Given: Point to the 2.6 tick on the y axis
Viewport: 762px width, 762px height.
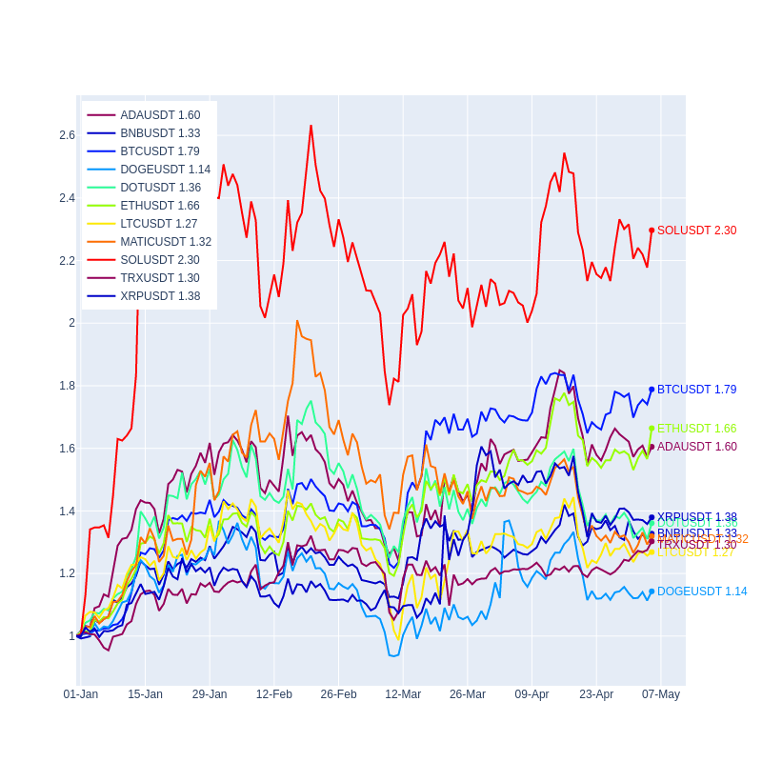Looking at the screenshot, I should tap(67, 135).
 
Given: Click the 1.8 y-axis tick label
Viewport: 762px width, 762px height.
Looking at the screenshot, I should tap(67, 386).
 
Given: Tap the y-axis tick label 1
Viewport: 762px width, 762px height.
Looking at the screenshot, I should tap(71, 636).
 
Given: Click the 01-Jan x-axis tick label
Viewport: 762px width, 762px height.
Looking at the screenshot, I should tap(81, 694).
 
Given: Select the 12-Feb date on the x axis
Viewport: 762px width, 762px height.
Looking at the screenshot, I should tap(274, 694).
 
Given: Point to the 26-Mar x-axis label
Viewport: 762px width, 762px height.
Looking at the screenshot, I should tap(468, 694).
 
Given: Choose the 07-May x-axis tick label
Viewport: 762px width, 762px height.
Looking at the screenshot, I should tap(661, 694).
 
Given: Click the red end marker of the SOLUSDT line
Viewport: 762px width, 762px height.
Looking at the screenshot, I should tap(652, 231).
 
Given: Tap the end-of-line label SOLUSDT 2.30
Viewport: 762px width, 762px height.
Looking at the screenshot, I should tap(696, 231).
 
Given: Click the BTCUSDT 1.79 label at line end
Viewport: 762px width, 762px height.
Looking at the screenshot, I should tap(696, 390).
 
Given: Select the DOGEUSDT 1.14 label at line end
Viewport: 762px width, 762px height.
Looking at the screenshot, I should tap(701, 592).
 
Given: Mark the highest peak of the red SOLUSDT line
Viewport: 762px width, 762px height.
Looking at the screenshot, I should tap(311, 126).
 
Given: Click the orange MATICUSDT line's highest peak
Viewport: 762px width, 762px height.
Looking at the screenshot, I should tap(297, 321).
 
